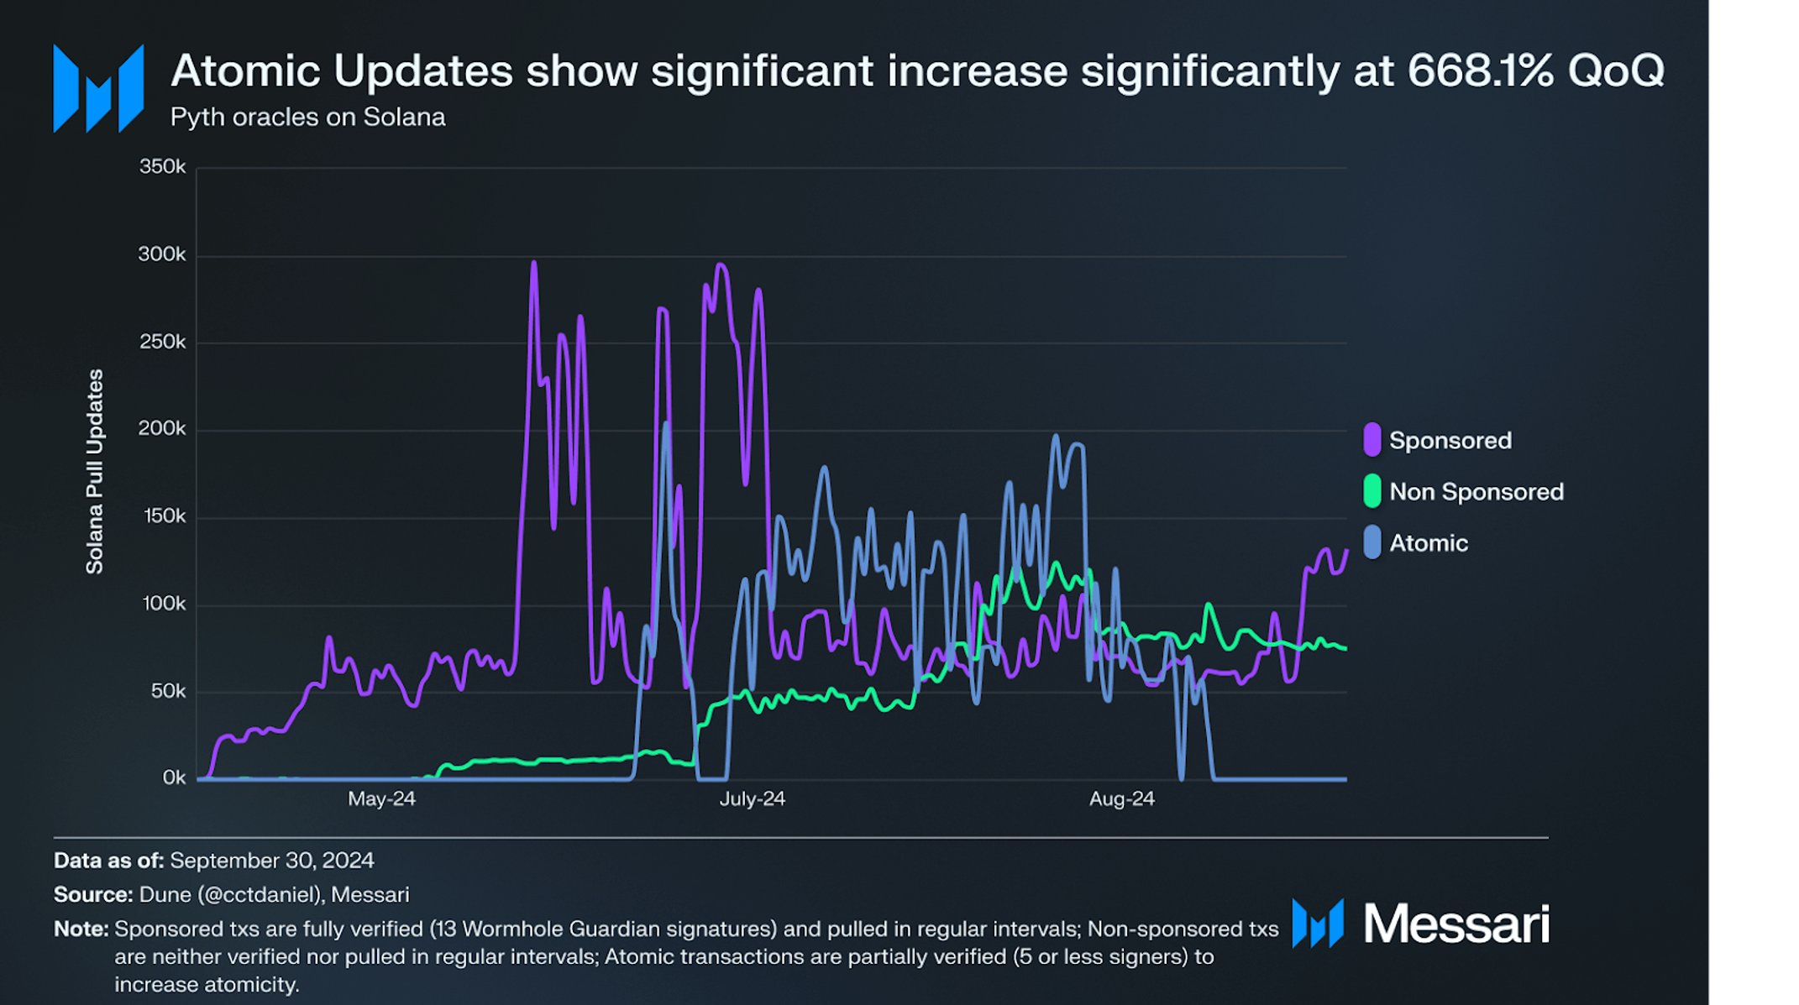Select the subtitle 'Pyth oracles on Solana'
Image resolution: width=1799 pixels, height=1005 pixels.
click(307, 118)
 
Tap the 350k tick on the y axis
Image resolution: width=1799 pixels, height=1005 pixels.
click(162, 167)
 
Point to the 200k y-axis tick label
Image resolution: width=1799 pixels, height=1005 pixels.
click(162, 429)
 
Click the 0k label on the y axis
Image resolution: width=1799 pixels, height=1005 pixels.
click(174, 778)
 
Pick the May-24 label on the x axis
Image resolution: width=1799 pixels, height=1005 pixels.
click(381, 799)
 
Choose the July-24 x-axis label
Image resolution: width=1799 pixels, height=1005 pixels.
click(752, 799)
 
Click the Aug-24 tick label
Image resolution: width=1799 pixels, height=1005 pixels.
click(1121, 799)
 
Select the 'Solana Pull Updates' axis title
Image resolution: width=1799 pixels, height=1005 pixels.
click(95, 472)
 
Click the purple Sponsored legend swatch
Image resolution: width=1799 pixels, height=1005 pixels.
click(1372, 440)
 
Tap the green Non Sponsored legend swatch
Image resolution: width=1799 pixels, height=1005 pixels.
click(1372, 491)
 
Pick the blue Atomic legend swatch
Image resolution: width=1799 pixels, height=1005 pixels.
click(1372, 542)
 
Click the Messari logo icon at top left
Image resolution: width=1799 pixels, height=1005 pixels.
click(98, 88)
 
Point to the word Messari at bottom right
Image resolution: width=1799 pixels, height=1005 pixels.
click(1455, 924)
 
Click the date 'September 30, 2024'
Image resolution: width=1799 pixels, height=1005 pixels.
click(272, 861)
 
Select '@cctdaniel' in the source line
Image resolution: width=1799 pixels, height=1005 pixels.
click(261, 895)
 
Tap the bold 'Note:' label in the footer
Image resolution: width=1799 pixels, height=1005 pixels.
click(81, 929)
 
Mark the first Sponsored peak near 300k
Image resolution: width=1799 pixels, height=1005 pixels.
click(534, 264)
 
